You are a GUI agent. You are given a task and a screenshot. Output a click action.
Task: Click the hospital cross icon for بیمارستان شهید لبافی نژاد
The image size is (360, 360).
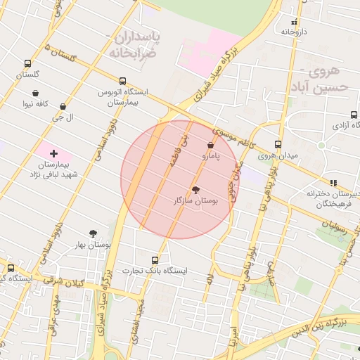pyautogui.click(x=53, y=153)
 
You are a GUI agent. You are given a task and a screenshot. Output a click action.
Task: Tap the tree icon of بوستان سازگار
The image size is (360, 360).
pyautogui.click(x=196, y=190)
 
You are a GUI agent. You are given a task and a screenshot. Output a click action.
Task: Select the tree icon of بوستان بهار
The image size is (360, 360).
pyautogui.click(x=94, y=233)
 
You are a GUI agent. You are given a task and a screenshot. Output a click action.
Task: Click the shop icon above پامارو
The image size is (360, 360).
pyautogui.click(x=211, y=145)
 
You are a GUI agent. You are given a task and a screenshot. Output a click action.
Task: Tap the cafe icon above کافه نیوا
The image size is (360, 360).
pyautogui.click(x=35, y=93)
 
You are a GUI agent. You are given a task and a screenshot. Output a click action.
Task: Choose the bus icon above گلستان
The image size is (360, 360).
pyautogui.click(x=27, y=63)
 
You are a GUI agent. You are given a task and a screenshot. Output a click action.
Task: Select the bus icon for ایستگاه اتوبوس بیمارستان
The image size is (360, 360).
pyautogui.click(x=123, y=81)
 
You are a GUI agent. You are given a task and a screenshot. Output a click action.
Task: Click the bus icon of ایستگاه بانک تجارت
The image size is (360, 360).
pyautogui.click(x=155, y=259)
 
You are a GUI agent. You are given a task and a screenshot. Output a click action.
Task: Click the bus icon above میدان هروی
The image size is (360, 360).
pyautogui.click(x=278, y=144)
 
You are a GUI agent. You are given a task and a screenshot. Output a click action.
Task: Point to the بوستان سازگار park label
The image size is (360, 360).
pyautogui.click(x=196, y=201)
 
